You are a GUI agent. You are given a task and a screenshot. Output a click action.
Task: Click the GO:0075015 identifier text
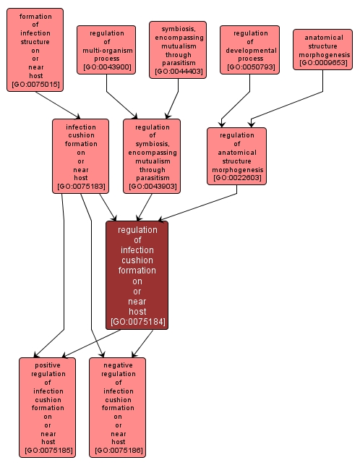[35, 85]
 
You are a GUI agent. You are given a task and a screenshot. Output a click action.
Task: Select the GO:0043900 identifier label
[107, 67]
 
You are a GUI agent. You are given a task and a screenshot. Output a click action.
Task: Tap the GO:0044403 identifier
[179, 71]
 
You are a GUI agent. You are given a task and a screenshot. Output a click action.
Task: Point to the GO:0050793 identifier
[250, 67]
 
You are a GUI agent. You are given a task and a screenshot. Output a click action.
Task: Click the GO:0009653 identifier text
[322, 63]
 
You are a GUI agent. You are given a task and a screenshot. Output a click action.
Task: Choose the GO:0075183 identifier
[80, 187]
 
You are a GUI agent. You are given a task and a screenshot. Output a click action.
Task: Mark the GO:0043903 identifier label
[152, 187]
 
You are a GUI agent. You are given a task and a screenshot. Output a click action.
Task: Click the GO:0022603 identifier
[236, 178]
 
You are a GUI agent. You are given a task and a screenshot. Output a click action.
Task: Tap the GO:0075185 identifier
[48, 451]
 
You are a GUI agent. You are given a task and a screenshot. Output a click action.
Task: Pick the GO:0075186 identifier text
[118, 451]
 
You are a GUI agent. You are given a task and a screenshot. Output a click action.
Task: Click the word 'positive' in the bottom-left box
[48, 365]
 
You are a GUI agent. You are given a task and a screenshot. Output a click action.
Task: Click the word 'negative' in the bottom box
[118, 365]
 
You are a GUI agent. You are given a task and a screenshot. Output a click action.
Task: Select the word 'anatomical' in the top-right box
[323, 37]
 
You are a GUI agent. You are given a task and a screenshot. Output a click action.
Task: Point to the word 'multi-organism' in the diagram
[107, 50]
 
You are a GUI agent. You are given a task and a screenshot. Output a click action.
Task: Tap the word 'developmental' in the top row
[250, 50]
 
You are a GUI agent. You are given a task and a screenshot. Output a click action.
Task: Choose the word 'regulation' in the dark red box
[137, 230]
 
